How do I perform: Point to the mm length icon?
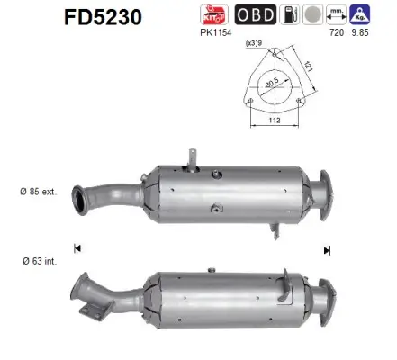pyautogui.click(x=335, y=15)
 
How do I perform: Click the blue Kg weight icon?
pyautogui.click(x=362, y=15)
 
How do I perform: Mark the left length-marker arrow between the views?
pyautogui.click(x=77, y=247)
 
